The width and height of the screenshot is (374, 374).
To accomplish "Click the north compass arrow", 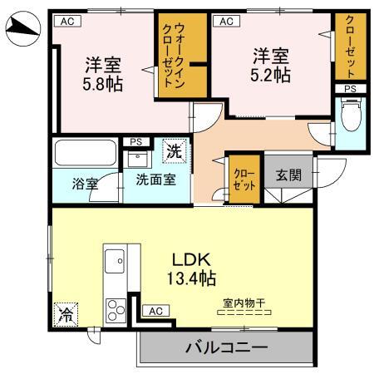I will click(22, 31).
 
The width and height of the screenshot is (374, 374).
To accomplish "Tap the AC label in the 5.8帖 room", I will click(66, 22).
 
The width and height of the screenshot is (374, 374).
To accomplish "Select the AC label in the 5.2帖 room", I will click(224, 22).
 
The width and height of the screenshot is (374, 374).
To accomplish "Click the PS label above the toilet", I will click(349, 88).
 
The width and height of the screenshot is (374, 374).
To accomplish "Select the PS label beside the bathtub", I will click(135, 142).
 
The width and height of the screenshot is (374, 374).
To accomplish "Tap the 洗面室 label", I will click(155, 180).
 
